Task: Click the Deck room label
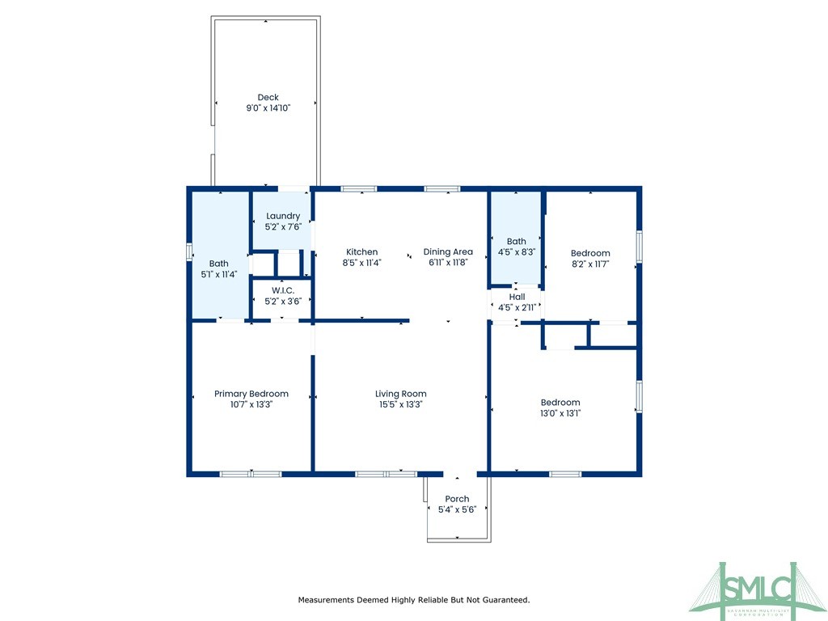(x=268, y=97)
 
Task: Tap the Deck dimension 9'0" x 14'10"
(x=268, y=108)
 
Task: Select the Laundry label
(x=283, y=216)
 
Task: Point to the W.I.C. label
(x=283, y=290)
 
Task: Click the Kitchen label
(x=361, y=252)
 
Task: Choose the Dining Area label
(x=448, y=252)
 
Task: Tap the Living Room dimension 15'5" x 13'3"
(x=401, y=404)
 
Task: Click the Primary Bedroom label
(x=251, y=394)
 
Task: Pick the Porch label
(x=457, y=498)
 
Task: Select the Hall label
(x=517, y=297)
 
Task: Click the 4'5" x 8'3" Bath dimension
(x=517, y=252)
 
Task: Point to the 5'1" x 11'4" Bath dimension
(x=218, y=275)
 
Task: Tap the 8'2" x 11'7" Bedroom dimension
(x=590, y=264)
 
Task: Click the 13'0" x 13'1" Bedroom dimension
(x=560, y=413)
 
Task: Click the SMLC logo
(x=758, y=589)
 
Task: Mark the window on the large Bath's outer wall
(x=189, y=251)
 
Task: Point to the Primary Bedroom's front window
(x=251, y=474)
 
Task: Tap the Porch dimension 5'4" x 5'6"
(x=457, y=509)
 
